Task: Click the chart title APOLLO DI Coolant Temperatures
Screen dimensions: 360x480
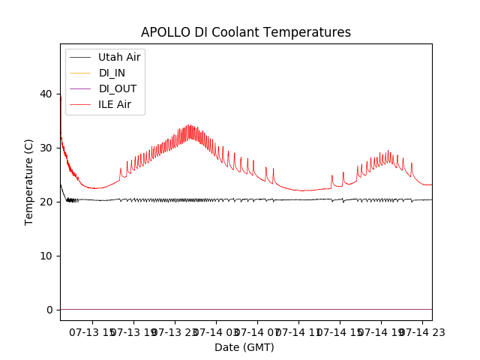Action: tap(246, 32)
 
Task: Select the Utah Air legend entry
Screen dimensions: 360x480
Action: tap(119, 57)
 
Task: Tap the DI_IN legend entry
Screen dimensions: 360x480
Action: tap(112, 73)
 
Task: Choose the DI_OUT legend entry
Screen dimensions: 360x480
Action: tap(117, 88)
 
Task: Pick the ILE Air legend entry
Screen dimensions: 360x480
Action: tap(114, 104)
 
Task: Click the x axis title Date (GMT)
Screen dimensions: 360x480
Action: tap(244, 347)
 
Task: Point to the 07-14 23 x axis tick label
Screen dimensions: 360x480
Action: tap(421, 331)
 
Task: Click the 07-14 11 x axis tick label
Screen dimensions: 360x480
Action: tap(298, 331)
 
